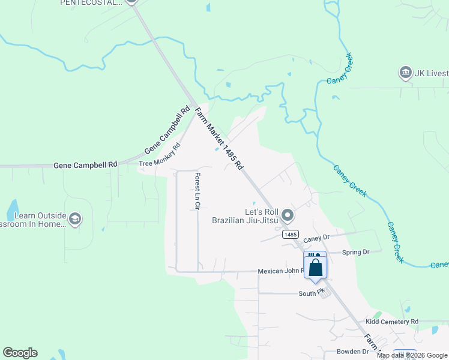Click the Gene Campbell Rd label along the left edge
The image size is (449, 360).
(x=85, y=165)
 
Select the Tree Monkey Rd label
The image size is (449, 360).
(x=160, y=155)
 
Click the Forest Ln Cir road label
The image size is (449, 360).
(x=197, y=191)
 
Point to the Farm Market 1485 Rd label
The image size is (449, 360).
(x=218, y=139)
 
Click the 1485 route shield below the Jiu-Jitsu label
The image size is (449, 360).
(x=291, y=235)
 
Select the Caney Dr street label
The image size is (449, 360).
(x=317, y=239)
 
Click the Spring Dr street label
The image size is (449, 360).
(x=355, y=252)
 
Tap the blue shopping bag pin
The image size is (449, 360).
(x=315, y=268)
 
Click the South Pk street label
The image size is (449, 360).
(x=312, y=293)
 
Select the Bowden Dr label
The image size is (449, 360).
(x=352, y=352)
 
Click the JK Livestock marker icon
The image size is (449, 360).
(x=405, y=73)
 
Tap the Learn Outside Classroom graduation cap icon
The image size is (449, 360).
(x=75, y=219)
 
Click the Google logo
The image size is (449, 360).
(x=20, y=353)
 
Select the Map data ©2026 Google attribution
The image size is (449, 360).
(x=412, y=355)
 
